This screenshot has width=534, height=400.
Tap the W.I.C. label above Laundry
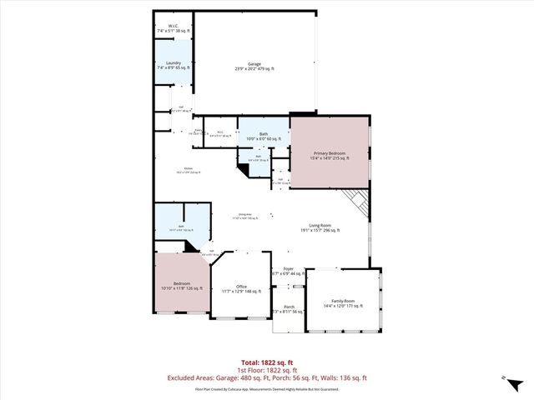point(174,28)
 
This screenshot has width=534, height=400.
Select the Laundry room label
point(174,66)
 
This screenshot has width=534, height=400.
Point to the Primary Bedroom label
point(331,155)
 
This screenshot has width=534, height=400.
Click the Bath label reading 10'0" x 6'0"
point(263,136)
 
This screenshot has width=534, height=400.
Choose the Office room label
point(241,288)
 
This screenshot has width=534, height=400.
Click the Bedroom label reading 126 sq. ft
point(182,286)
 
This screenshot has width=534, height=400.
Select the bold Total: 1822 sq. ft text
point(266,362)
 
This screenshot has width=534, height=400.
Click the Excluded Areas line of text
point(266,377)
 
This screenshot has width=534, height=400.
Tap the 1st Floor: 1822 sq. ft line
point(266,370)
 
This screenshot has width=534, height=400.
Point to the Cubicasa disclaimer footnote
point(266,388)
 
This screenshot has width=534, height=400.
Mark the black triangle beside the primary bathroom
point(244,169)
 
